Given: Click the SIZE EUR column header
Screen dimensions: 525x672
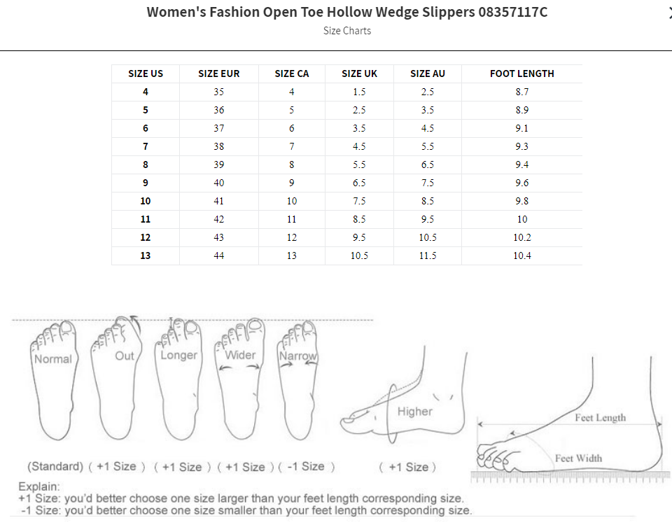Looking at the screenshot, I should point(219,73).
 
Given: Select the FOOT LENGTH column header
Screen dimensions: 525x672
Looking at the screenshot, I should point(521,73).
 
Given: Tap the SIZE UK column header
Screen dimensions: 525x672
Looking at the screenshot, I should point(359,73).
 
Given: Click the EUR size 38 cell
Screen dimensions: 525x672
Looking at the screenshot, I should point(219,146).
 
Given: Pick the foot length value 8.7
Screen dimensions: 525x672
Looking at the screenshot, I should point(521,92).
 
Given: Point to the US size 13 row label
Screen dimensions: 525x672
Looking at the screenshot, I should point(146,255).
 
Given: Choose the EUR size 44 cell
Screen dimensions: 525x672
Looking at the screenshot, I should point(219,255).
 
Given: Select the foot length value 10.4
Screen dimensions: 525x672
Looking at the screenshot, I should point(521,255).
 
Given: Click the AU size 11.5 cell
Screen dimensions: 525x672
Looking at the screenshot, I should point(428,255).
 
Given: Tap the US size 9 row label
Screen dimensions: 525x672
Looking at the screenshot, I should point(146,183).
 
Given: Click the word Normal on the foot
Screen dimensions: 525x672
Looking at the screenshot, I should point(53,359).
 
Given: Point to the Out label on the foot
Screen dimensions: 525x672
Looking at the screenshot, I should point(125,356).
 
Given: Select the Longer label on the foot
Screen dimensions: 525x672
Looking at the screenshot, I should point(179,355).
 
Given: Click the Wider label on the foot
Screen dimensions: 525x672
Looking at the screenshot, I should point(240,355).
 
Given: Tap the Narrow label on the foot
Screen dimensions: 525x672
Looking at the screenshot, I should point(298,356).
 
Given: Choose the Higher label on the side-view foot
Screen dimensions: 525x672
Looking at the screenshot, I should point(415,412).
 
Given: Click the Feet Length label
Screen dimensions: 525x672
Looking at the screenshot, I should point(601,418).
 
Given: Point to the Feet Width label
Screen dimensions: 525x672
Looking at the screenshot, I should point(578,458).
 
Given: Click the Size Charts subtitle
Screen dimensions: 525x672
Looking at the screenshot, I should point(347,31).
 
